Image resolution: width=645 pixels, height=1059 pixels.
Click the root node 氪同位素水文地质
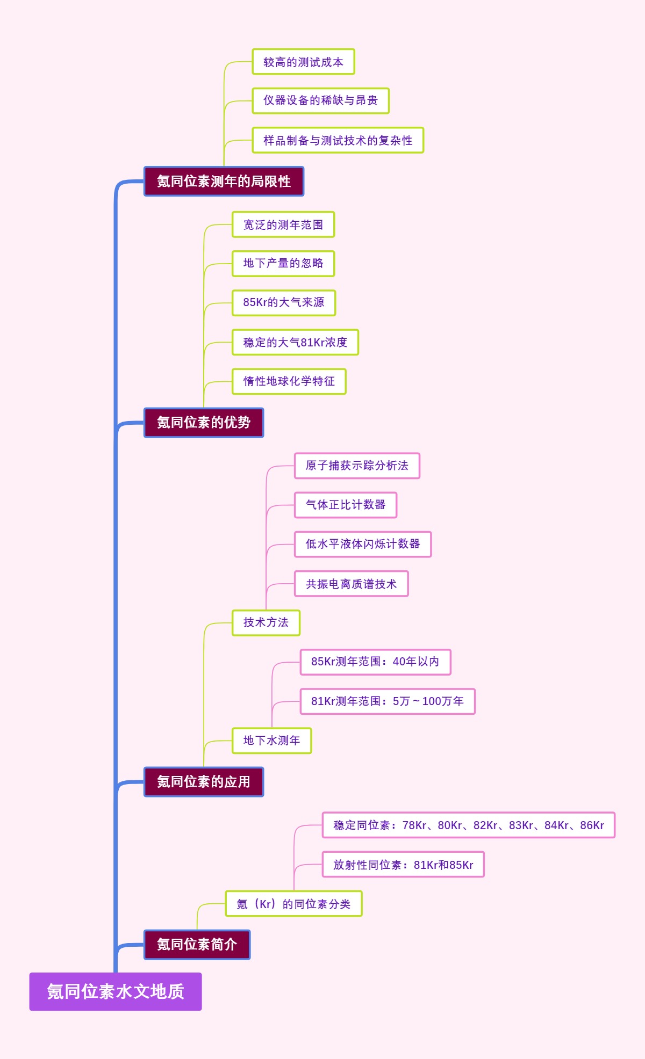pos(116,991)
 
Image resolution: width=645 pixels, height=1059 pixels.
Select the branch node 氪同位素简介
pos(197,945)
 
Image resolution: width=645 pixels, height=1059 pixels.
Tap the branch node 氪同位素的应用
pos(204,782)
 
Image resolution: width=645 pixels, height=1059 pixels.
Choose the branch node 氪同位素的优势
pos(204,423)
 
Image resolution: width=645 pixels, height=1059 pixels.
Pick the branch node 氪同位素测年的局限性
pos(224,182)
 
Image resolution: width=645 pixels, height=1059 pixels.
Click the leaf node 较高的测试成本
pos(303,62)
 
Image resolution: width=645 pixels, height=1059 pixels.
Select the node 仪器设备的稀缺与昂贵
pos(320,100)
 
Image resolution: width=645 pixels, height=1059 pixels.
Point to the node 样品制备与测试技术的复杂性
pos(338,140)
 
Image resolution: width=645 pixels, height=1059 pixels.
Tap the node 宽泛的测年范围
pos(283,224)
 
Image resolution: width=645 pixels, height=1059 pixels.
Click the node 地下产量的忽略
pos(283,264)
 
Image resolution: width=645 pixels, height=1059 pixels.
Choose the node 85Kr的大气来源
pos(284,303)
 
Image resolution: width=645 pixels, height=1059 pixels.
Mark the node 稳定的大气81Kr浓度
pos(295,342)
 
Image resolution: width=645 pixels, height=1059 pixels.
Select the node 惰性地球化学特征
pos(289,381)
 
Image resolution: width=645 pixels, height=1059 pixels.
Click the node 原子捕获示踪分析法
pos(357,466)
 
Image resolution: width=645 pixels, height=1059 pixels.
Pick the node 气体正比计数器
pos(346,505)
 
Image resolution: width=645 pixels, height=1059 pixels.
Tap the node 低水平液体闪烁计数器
pos(363,544)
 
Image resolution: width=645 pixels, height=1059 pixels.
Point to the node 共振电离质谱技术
pos(351,584)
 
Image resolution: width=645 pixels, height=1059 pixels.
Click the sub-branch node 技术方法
pos(266,623)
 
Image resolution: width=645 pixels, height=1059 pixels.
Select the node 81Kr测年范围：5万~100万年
pos(388,701)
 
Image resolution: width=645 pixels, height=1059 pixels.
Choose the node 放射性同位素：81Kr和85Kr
pos(403,865)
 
